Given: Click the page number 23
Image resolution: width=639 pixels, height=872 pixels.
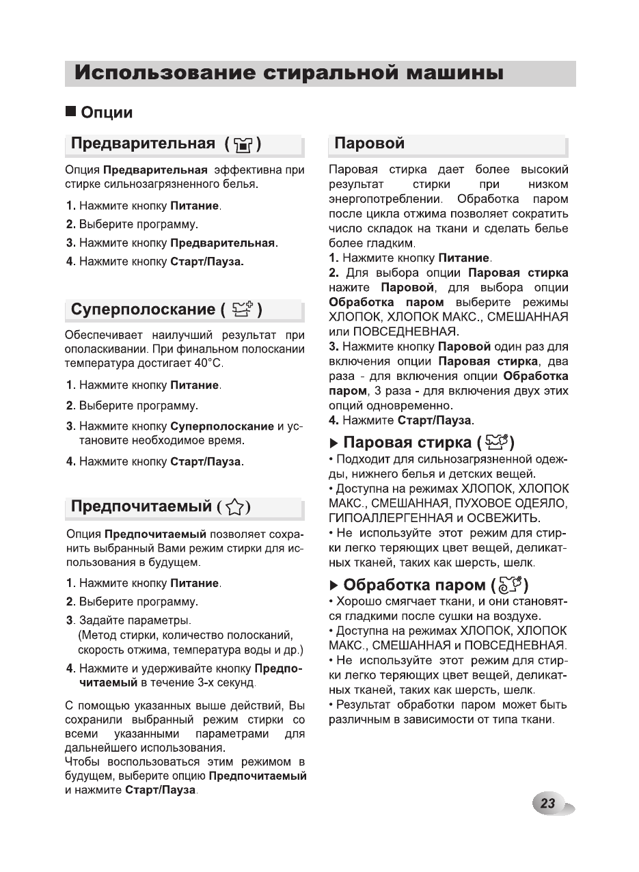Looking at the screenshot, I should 547,803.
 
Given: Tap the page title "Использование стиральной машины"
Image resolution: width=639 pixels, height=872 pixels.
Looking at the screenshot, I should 289,73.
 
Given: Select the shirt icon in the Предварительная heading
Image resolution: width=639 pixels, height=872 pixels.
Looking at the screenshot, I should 243,145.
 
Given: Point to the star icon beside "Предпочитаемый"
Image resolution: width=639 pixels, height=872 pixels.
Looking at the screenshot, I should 235,507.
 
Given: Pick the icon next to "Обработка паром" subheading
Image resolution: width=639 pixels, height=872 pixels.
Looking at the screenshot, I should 510,585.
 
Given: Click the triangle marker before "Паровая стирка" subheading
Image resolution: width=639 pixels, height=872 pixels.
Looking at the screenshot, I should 334,443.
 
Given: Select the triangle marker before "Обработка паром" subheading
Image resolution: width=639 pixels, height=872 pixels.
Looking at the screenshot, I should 334,586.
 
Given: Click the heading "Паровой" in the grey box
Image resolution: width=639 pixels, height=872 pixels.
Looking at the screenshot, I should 369,144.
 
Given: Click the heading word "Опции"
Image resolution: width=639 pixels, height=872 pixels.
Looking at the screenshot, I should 107,112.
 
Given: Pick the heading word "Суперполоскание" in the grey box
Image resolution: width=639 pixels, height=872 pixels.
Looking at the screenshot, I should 143,310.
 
